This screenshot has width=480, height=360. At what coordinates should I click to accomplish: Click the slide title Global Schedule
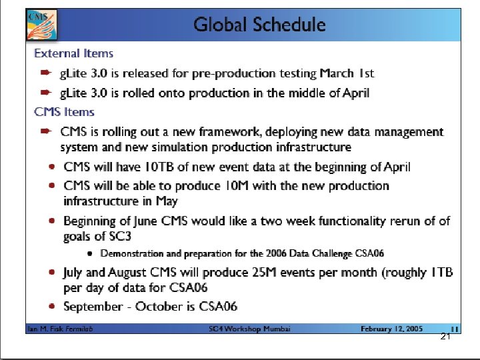point(259,25)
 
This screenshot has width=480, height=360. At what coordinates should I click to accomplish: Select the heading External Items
point(73,53)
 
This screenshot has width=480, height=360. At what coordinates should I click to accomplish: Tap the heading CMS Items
point(64,112)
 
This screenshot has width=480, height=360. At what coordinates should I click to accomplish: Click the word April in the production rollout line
point(353,93)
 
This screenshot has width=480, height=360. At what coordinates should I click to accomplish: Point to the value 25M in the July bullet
point(239,272)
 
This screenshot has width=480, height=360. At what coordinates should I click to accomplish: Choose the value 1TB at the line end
point(441,272)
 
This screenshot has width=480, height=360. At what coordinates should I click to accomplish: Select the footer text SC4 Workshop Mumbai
point(249,329)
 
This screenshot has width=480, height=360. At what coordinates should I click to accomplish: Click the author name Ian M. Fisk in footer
point(44,329)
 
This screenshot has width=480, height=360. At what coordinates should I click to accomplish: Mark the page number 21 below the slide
point(446,337)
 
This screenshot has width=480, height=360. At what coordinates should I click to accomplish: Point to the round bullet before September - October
point(51,307)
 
